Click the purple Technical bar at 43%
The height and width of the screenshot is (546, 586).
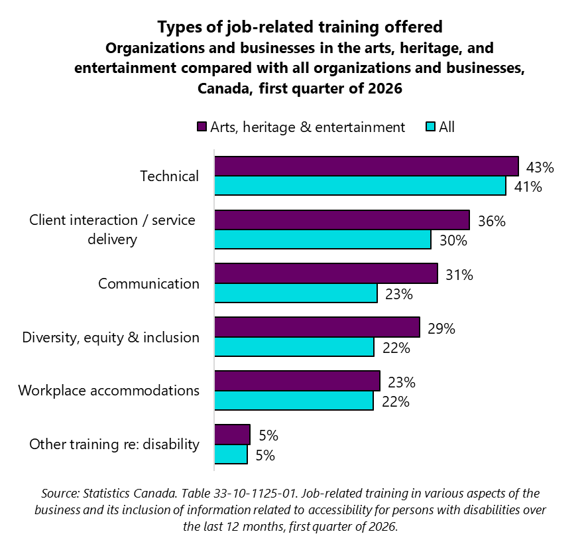coord(366,166)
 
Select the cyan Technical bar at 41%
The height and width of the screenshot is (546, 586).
coord(360,186)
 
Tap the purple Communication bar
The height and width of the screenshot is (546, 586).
coord(325,273)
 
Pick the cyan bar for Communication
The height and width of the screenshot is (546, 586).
coord(296,293)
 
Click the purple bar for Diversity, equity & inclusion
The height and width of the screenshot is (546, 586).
coord(317,327)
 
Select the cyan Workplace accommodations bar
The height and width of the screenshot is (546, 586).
coord(294,401)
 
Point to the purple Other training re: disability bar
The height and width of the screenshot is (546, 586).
coord(232,435)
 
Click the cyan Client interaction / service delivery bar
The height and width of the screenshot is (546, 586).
coord(322,239)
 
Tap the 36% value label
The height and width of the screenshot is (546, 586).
coord(492,221)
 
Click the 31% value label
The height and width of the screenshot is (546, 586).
coord(459,275)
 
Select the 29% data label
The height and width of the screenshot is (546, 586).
coord(441,328)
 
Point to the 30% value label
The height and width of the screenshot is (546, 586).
coord(453,241)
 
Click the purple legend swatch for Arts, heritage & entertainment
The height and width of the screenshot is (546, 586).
coord(202,127)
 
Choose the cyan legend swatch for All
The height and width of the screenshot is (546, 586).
coord(430,127)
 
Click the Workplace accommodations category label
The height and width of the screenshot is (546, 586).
coord(109,390)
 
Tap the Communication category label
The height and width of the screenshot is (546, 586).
coord(148,284)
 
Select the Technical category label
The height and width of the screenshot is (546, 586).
coord(169,176)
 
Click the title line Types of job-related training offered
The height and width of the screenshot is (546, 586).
coord(300,28)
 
